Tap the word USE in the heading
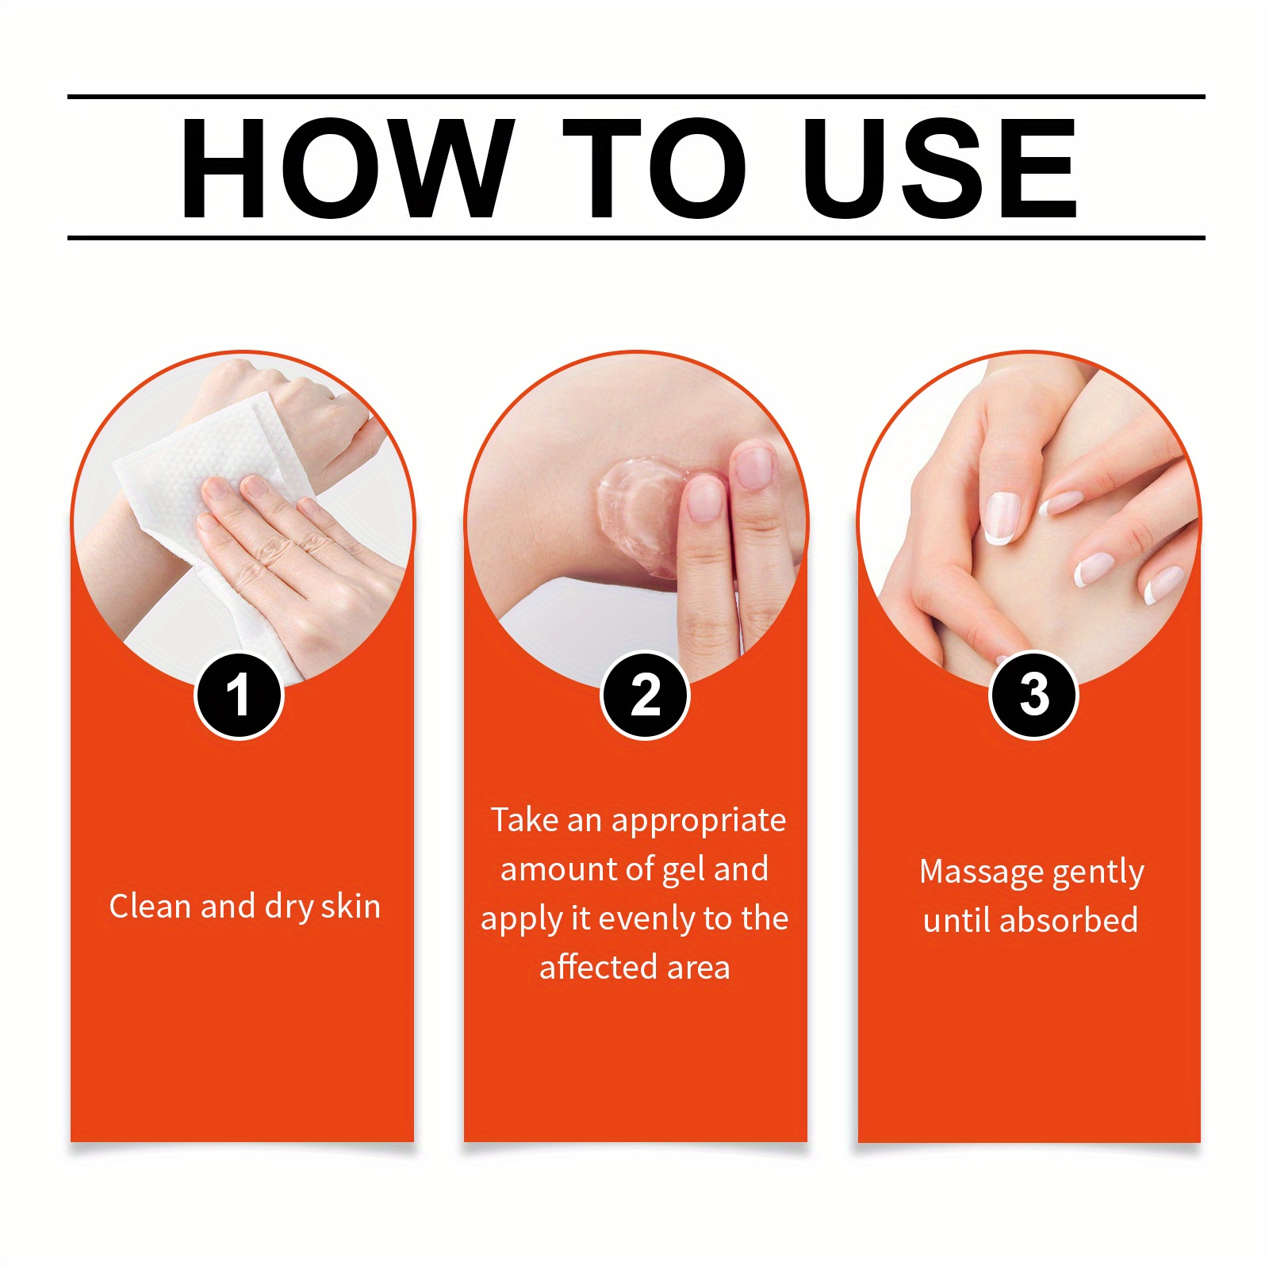click(940, 168)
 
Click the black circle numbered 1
click(239, 696)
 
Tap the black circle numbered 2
click(645, 696)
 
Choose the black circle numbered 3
click(1033, 696)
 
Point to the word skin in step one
click(351, 906)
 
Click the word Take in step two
click(524, 820)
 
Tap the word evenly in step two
click(647, 919)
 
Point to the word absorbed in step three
click(1068, 920)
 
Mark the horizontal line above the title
click(636, 97)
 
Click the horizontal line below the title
click(636, 237)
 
